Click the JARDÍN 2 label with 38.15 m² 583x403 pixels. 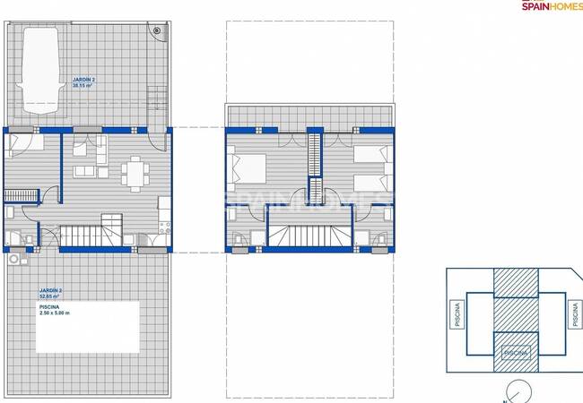[x=83, y=82]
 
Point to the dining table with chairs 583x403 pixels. [x=135, y=173]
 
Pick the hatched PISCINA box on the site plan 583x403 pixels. [x=515, y=353]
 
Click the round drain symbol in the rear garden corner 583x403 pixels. [x=159, y=30]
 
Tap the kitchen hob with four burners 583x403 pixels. [x=163, y=203]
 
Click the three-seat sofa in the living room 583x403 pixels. [x=85, y=171]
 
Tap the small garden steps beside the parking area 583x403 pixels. [x=158, y=95]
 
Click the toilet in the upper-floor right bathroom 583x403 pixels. [x=379, y=241]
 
